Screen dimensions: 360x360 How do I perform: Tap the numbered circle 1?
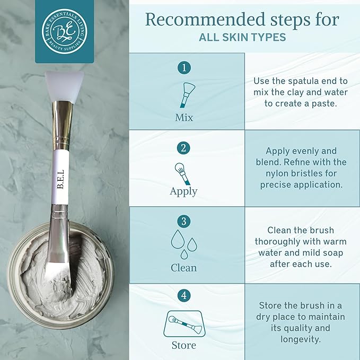(185, 68)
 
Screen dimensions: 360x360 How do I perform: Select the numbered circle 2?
(185, 147)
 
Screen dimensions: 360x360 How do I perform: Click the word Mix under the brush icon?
(184, 117)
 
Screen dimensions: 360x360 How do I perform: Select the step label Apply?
(183, 191)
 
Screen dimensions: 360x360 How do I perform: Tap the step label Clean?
(183, 267)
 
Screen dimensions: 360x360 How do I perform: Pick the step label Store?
(183, 345)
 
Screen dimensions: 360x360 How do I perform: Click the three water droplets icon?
(183, 244)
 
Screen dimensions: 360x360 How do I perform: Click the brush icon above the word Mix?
(186, 93)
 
